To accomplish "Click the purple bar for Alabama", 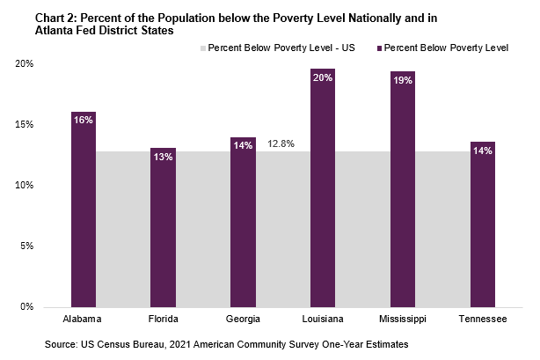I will pos(84,211).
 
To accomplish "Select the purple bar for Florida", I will pos(163,229).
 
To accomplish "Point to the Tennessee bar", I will pos(483,225).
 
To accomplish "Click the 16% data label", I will pos(84,120).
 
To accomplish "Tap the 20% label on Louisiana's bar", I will pos(323,77).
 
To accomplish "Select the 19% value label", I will pos(403,80).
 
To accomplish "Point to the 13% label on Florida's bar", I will pos(163,156).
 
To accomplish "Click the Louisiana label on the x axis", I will pos(323,319).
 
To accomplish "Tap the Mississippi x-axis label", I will pos(403,319).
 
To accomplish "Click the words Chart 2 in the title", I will pos(32,17).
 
